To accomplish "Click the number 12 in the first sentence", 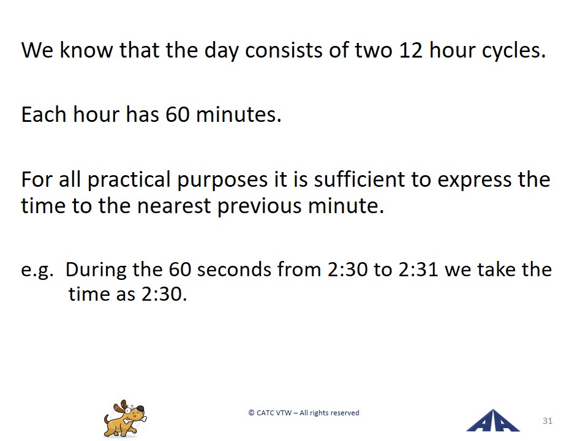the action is coord(411,50).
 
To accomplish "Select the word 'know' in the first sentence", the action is coord(86,50).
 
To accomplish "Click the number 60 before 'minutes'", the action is coord(178,115).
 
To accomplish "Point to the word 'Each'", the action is coord(44,114).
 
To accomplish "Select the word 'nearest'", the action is coord(174,206).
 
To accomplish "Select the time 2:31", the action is coord(418,269).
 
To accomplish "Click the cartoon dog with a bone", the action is coord(125,418).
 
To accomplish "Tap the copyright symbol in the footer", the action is coord(251,413).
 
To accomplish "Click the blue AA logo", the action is coord(492,420).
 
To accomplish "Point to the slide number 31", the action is coord(548,421).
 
